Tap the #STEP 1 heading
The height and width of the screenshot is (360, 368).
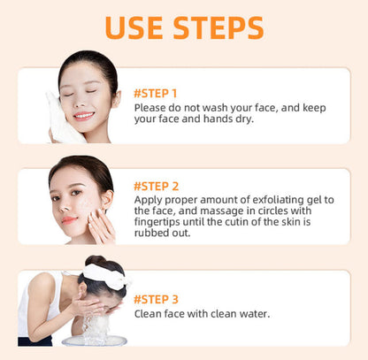[156, 92]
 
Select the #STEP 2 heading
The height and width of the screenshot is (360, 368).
[157, 186]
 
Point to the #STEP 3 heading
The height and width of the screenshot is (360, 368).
[157, 298]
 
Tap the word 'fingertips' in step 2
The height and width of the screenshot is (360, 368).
[159, 223]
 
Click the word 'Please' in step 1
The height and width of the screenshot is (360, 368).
[151, 107]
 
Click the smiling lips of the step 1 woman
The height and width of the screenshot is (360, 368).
[83, 115]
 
